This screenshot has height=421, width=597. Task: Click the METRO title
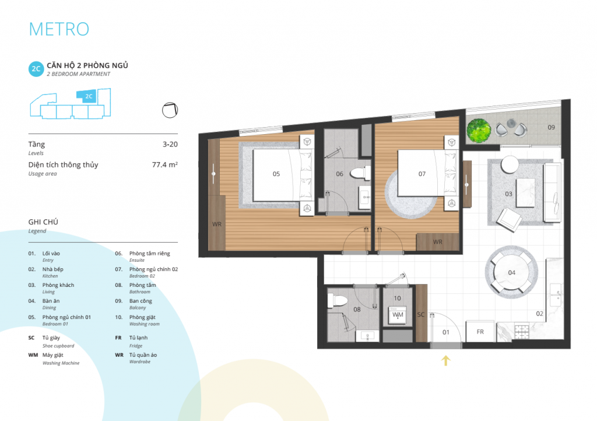(x=59, y=29)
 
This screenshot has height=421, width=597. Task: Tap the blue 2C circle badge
(x=36, y=69)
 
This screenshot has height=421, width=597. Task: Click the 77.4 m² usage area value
(x=164, y=164)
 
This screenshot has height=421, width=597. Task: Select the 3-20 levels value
(x=170, y=144)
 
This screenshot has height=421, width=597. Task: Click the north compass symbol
(x=170, y=110)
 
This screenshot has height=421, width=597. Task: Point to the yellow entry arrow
(x=445, y=360)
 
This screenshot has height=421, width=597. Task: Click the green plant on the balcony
(x=479, y=130)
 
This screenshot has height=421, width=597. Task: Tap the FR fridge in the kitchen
(x=480, y=332)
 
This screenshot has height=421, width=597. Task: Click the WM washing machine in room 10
(x=398, y=315)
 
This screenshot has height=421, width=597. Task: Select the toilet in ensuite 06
(x=360, y=173)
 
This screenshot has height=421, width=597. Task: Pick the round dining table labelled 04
(x=511, y=272)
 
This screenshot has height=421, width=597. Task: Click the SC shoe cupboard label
(x=421, y=314)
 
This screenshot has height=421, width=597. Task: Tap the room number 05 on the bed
(x=276, y=174)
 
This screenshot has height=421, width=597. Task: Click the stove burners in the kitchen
(x=522, y=331)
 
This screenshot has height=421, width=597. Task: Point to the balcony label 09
(x=551, y=127)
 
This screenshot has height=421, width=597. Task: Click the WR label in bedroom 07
(x=437, y=242)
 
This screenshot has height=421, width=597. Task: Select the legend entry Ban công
(x=141, y=301)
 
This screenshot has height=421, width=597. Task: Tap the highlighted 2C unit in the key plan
(x=87, y=96)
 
